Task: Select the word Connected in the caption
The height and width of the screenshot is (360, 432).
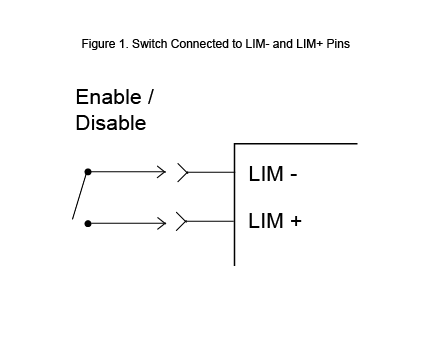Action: pos(195,45)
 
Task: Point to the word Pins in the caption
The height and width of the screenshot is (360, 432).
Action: pos(334,45)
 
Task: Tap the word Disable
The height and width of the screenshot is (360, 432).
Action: pos(110,124)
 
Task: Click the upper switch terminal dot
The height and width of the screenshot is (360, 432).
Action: pos(88,172)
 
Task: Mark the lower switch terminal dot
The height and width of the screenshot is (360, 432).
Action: pos(88,224)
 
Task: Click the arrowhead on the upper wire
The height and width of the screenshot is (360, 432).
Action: pos(160,172)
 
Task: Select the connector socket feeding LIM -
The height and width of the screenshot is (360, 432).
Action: pos(183,172)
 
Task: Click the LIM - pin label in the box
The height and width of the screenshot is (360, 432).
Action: pos(272,174)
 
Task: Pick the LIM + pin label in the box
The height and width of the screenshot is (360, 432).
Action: pos(274,221)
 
